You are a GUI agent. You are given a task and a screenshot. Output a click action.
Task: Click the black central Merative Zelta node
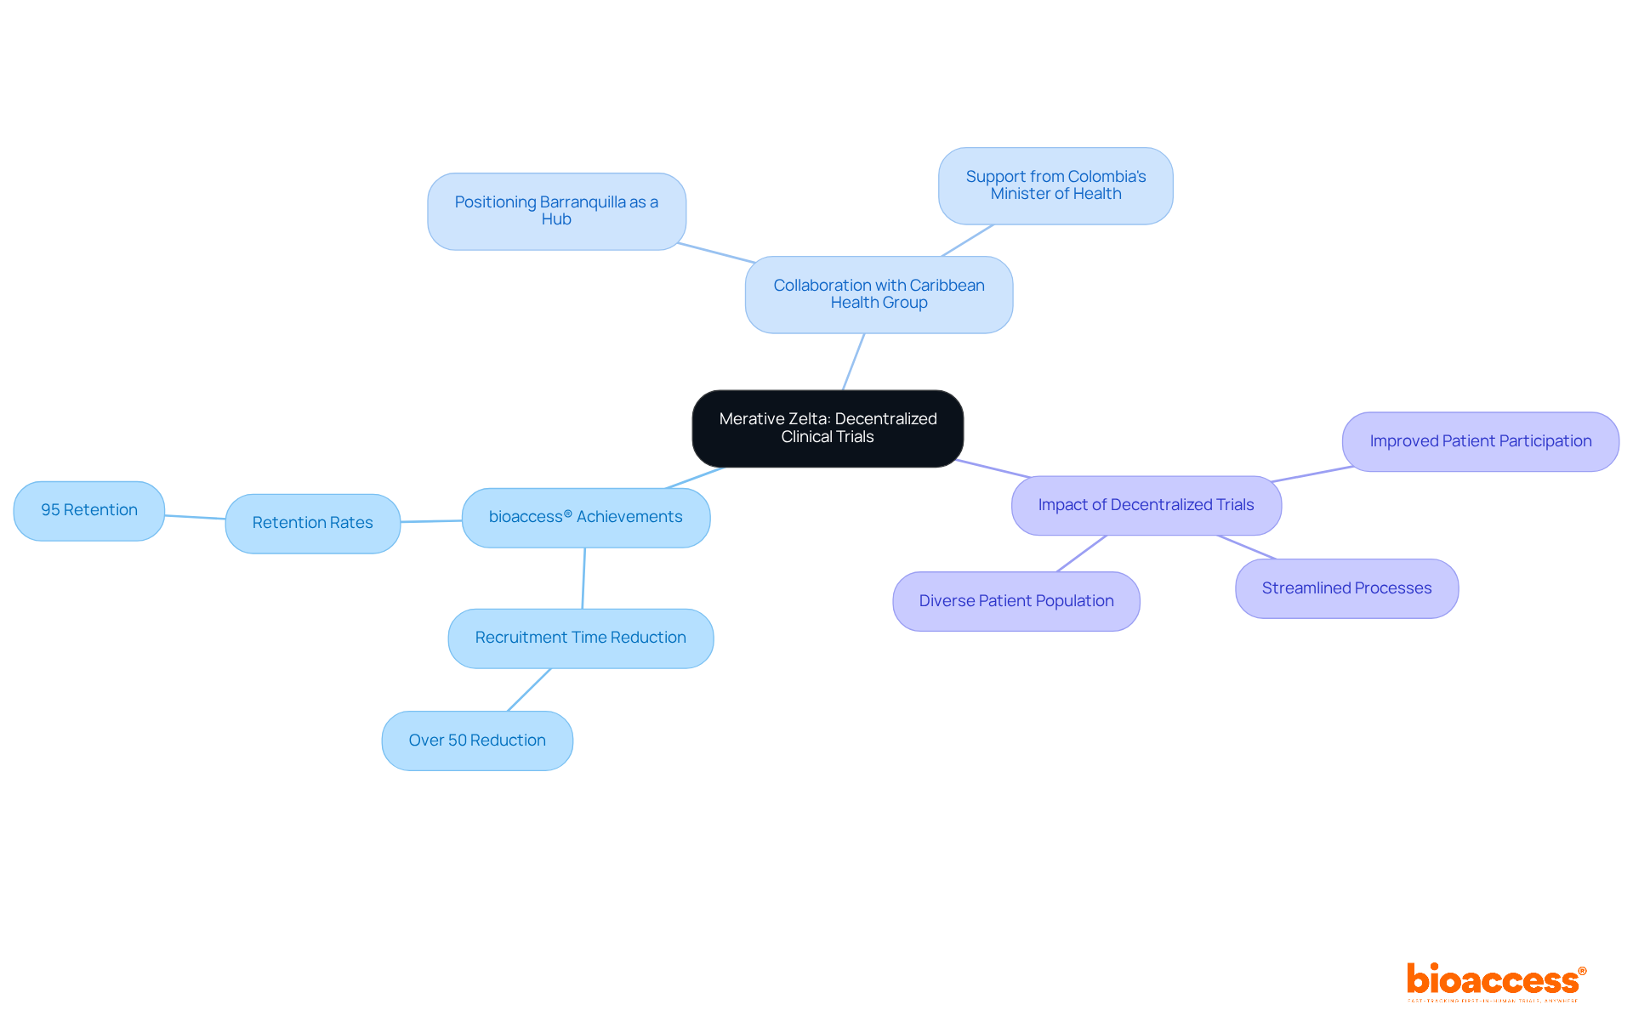(828, 429)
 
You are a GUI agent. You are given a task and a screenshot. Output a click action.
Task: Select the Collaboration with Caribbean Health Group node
(879, 294)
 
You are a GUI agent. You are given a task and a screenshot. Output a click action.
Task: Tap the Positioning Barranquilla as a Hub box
(556, 211)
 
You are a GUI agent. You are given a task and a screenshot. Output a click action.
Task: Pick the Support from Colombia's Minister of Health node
(1055, 185)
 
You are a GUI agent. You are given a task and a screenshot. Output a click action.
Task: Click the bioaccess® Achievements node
(585, 517)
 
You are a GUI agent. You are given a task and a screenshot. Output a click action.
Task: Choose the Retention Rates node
(312, 523)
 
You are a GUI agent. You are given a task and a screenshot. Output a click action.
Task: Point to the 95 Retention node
(88, 510)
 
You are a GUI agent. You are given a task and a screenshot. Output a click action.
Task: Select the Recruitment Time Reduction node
(580, 638)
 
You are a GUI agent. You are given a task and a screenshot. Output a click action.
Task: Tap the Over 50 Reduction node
(476, 741)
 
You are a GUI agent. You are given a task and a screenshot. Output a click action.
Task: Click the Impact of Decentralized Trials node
(1146, 505)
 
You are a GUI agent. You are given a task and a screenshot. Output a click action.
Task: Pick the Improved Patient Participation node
(1480, 441)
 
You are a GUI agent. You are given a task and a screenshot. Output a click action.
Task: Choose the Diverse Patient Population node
(1016, 601)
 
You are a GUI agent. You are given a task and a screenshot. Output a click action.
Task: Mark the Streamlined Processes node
(1346, 588)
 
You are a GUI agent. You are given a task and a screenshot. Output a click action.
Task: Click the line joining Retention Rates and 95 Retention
(195, 517)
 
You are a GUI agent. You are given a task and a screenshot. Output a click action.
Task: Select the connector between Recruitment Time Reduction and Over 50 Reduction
(529, 690)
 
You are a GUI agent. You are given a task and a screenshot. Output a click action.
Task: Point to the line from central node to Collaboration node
(853, 362)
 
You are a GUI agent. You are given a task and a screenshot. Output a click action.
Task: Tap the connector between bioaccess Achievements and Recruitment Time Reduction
(583, 578)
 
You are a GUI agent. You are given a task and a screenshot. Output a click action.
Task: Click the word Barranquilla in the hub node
(583, 202)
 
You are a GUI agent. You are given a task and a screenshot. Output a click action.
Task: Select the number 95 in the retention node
(50, 510)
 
